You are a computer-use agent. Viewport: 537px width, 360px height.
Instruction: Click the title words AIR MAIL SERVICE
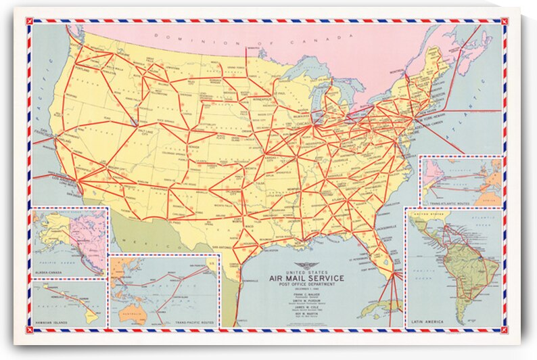306,277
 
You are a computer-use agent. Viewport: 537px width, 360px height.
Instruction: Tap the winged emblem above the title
306,265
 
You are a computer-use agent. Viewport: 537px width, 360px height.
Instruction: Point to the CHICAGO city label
302,125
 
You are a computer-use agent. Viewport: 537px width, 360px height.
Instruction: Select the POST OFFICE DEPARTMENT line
306,285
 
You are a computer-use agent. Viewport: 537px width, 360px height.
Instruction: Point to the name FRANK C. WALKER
306,295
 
